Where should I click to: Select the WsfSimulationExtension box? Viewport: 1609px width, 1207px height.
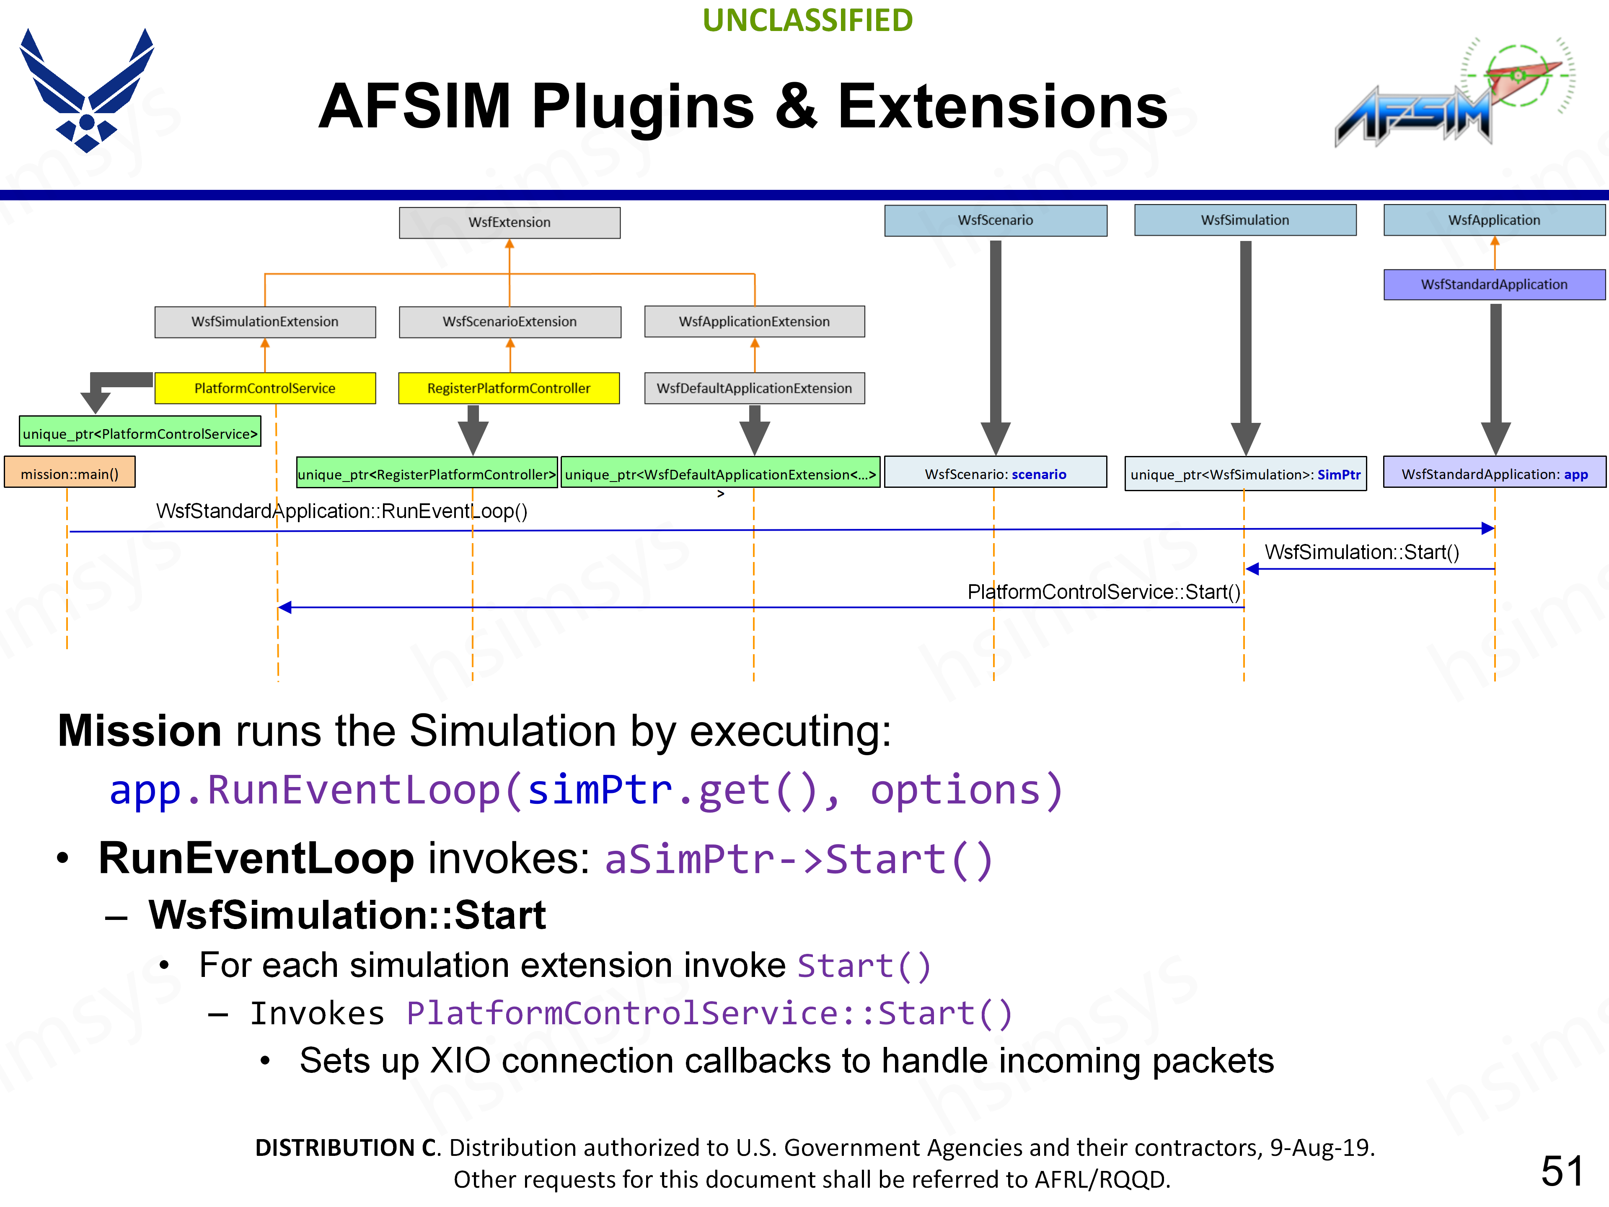pos(265,321)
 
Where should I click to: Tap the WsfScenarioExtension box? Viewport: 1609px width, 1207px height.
pos(509,321)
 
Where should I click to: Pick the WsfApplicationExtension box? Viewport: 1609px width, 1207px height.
pos(754,321)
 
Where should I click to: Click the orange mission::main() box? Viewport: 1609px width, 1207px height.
pos(70,474)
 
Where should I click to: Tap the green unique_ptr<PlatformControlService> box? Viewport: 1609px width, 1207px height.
pos(140,434)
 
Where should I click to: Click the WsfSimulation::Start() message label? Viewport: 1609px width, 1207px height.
pos(1362,552)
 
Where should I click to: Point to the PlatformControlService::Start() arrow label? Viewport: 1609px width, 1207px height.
pos(1103,592)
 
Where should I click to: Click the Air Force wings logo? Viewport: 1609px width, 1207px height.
pos(87,91)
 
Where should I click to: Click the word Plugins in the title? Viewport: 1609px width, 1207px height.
pos(643,107)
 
